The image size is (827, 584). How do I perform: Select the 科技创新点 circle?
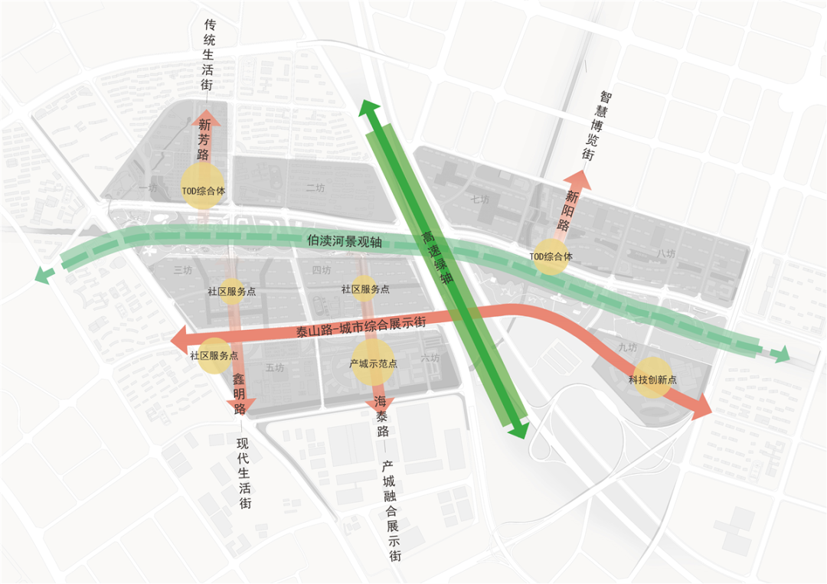coord(652,378)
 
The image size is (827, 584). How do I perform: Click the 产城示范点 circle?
coord(373,362)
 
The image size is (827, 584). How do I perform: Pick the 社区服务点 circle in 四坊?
coord(365,289)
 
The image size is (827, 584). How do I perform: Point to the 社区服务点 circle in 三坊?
coord(231,292)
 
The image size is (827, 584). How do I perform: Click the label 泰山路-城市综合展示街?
coord(360,330)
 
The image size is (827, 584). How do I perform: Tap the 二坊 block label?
coord(315,188)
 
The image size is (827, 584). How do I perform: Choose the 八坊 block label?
coord(665,253)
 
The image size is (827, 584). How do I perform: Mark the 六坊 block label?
coord(430,357)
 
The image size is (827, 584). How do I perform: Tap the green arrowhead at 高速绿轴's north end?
coord(369,109)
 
